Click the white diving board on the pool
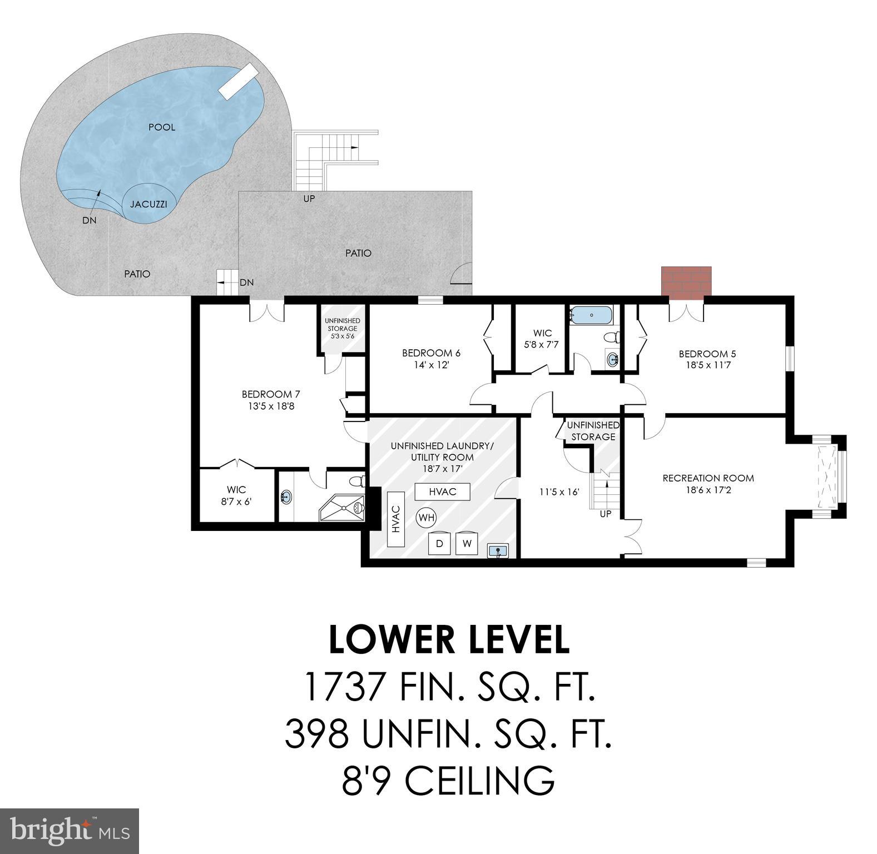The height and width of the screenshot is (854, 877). point(238,82)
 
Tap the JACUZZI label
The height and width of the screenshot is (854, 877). point(148,204)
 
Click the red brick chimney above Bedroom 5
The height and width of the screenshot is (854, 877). point(686,282)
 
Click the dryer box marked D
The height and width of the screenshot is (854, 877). point(439,543)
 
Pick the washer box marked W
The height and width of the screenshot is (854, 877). point(467,543)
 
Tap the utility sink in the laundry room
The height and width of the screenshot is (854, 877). point(498,551)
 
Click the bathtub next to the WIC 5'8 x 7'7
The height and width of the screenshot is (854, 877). point(591,316)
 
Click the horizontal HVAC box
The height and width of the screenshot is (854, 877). point(443,491)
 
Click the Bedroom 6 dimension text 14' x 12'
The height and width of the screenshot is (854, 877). point(431,365)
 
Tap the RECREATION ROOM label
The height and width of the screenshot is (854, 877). point(708,478)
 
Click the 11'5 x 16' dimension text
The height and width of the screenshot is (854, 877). point(559,492)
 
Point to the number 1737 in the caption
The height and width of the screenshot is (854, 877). point(345,687)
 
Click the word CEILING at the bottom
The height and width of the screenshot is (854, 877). point(479,781)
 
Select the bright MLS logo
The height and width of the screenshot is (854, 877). point(70,831)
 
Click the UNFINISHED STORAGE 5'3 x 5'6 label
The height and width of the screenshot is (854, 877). point(342,329)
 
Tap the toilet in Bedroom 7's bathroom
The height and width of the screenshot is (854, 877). point(356,480)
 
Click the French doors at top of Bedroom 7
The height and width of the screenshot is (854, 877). point(267,311)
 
